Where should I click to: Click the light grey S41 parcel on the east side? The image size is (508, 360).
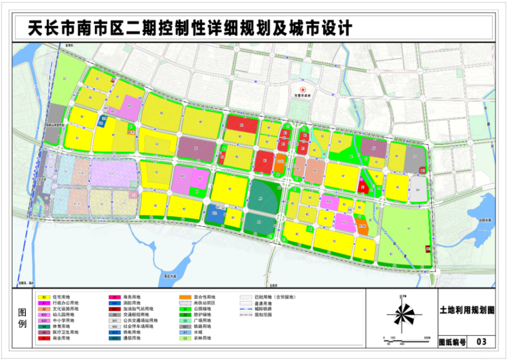(x=418, y=189)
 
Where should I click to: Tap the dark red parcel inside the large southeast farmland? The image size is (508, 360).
(x=428, y=249)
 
